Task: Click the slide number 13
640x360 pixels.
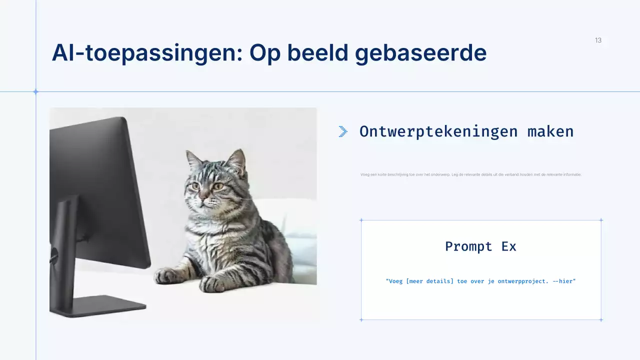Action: [x=598, y=40]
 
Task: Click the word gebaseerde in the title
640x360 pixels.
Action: [x=420, y=53]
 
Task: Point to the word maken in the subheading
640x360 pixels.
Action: [x=550, y=131]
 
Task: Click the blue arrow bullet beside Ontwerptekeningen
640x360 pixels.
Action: [x=343, y=131]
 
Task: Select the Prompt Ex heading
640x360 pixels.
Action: [x=480, y=246]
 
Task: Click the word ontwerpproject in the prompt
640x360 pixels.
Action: [x=518, y=281]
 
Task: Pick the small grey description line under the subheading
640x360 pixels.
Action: [x=470, y=174]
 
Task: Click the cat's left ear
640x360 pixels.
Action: [x=194, y=160]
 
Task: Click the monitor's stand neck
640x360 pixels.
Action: [x=65, y=250]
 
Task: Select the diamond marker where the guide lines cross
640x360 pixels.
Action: [x=35, y=91]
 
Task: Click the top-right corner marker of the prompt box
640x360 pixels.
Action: [x=601, y=220]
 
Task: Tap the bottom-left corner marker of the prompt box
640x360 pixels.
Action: [x=361, y=319]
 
